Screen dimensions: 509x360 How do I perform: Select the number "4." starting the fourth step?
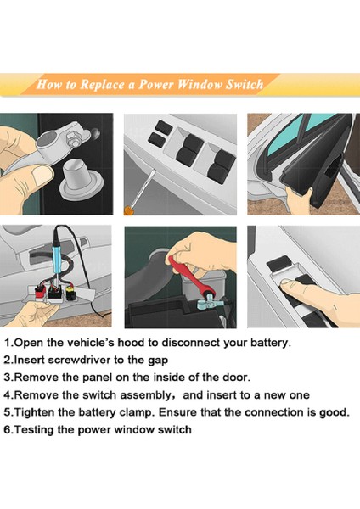pos(8,395)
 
